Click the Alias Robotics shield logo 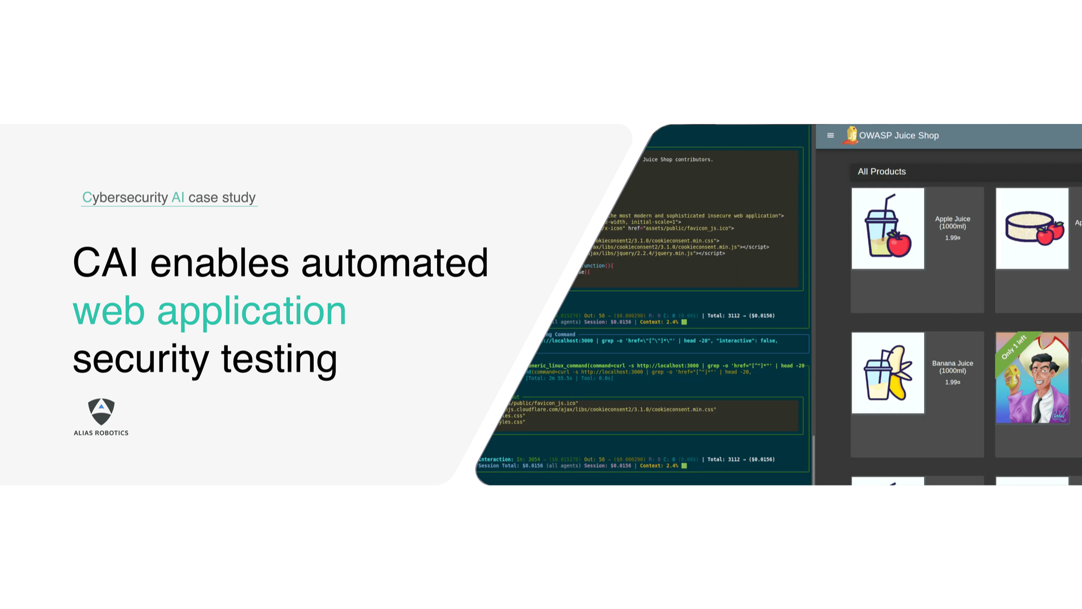(101, 412)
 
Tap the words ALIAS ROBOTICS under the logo (101, 433)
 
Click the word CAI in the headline (105, 263)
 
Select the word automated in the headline (394, 263)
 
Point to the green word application (252, 311)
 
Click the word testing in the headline (279, 359)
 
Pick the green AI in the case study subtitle (177, 198)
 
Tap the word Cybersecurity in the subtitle (125, 198)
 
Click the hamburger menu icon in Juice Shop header (830, 135)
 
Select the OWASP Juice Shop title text (899, 135)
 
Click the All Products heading (881, 172)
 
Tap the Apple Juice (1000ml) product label (952, 222)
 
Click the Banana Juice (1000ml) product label (952, 367)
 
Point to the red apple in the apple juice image (899, 244)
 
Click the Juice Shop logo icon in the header (851, 135)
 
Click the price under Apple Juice (952, 238)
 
